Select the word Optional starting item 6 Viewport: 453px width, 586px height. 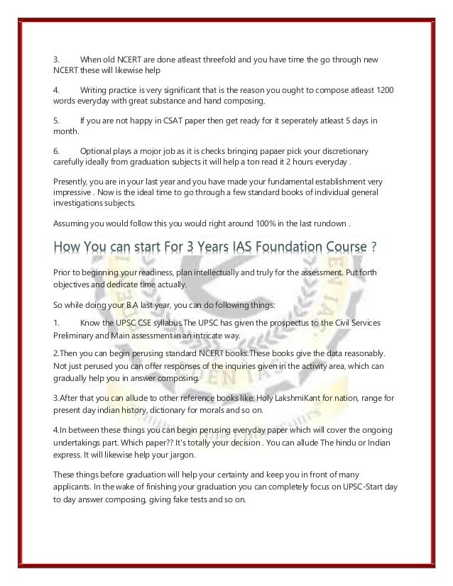(x=98, y=151)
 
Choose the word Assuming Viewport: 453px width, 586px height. (x=74, y=224)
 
